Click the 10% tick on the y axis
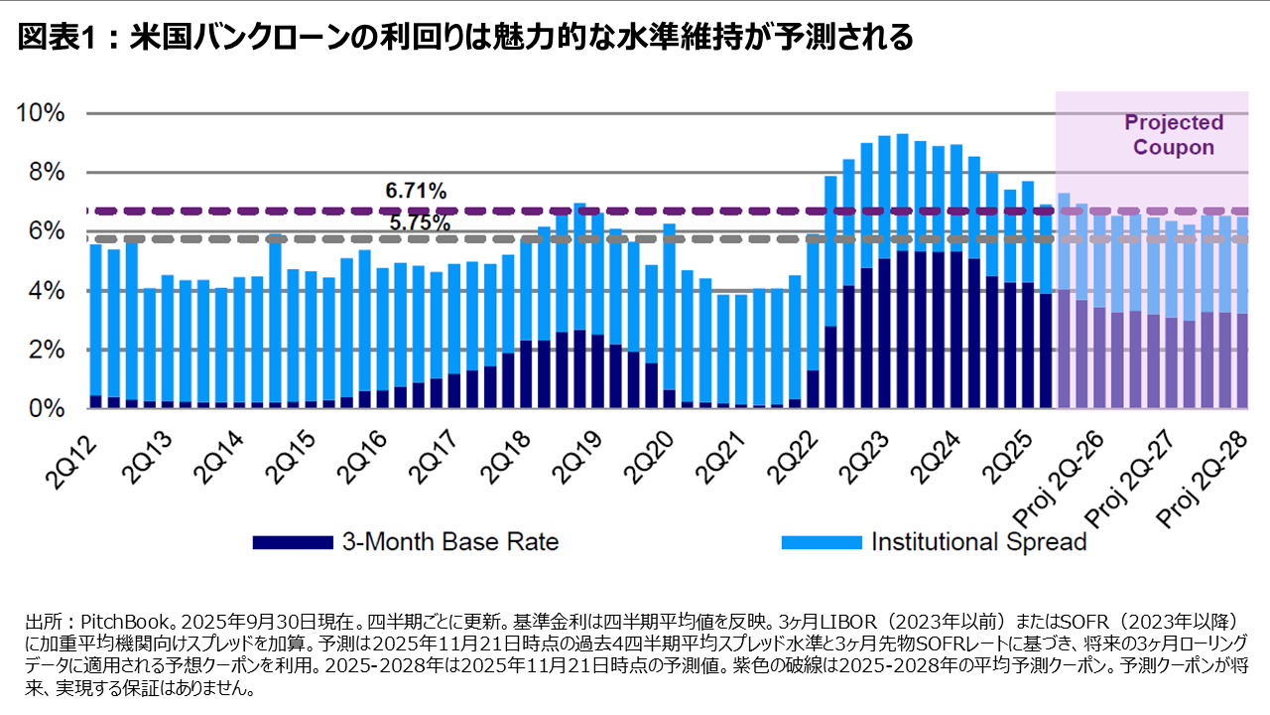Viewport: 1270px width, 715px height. (41, 113)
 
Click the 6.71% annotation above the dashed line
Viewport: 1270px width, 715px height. (416, 191)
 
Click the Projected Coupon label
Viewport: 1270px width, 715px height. (1174, 135)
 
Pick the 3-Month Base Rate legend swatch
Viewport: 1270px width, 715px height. (293, 542)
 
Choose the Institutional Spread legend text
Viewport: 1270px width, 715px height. (979, 542)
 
